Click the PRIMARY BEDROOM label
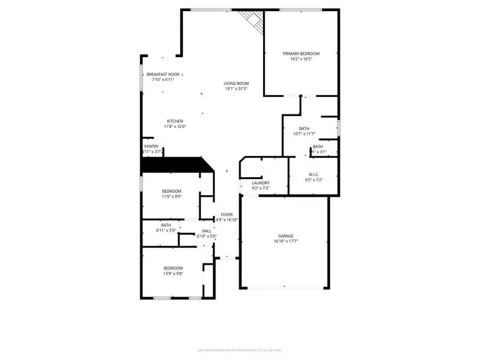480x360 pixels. [x=301, y=54]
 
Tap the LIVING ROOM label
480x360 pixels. [x=236, y=83]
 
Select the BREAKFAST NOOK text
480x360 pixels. [x=163, y=74]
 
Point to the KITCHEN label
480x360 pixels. [x=175, y=121]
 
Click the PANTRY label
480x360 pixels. [x=151, y=146]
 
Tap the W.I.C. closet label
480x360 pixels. [x=314, y=174]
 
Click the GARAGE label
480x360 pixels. [x=285, y=236]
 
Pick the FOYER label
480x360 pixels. [x=227, y=214]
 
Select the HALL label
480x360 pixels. [x=206, y=231]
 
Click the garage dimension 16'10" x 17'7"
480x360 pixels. [x=285, y=241]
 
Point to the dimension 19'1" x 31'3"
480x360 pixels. [x=236, y=89]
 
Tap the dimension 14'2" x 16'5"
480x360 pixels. [x=301, y=59]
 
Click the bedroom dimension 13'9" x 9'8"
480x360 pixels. [x=173, y=273]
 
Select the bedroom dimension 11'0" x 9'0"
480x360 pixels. [x=172, y=196]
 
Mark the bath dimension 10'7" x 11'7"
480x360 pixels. [x=304, y=134]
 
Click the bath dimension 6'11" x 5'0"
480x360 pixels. [x=166, y=230]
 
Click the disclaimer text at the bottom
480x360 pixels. [x=239, y=350]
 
